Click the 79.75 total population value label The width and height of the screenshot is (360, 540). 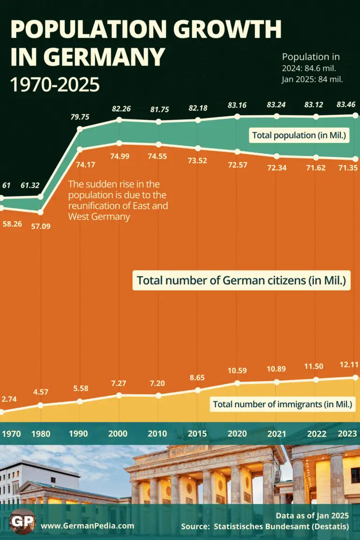(80, 117)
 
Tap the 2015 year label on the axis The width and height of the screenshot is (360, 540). (197, 434)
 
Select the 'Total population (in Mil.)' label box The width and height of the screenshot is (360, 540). (299, 135)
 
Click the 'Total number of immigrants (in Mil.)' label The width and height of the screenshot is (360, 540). (282, 404)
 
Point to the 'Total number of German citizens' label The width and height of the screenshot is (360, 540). (241, 281)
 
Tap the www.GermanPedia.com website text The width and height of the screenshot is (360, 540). (87, 526)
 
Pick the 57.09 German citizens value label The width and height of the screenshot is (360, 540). (41, 226)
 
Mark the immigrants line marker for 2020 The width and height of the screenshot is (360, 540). (237, 383)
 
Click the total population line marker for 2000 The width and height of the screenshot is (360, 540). (120, 120)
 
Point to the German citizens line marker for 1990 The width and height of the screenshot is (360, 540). (80, 150)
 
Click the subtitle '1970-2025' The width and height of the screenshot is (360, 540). (55, 84)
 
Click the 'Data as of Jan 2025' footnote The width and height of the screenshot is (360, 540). (312, 516)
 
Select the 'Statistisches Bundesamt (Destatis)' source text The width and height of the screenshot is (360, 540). (282, 527)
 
